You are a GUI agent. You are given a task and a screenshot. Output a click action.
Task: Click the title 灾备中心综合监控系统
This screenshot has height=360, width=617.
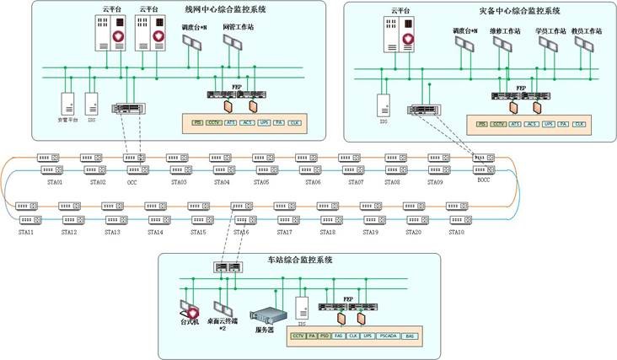tap(513, 11)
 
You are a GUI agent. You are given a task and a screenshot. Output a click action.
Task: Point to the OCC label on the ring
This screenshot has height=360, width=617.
tap(132, 182)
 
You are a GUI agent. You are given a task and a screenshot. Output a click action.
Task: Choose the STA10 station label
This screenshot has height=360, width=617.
tap(455, 232)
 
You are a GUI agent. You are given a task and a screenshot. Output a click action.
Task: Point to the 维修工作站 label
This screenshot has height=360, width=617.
tap(506, 31)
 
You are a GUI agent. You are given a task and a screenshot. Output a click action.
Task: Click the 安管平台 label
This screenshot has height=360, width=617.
tap(67, 120)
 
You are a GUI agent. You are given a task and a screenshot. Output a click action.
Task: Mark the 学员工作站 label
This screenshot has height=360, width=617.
tap(550, 31)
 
